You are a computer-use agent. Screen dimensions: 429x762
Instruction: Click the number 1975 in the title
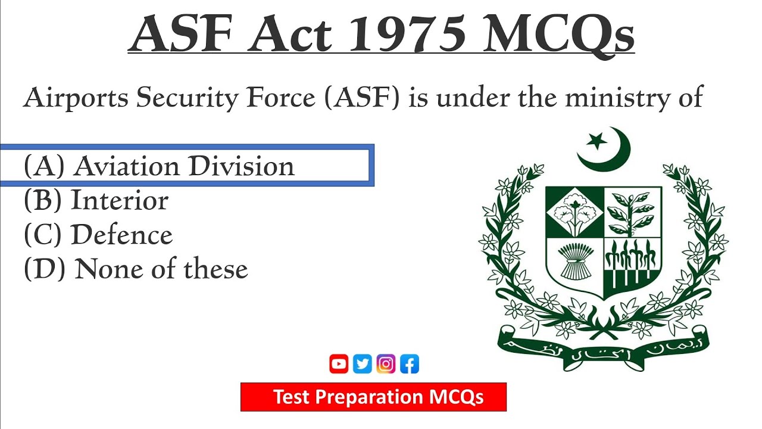pyautogui.click(x=407, y=34)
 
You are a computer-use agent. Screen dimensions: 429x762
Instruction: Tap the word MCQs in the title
pyautogui.click(x=559, y=34)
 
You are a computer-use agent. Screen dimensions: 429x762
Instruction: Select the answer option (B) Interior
pyautogui.click(x=96, y=201)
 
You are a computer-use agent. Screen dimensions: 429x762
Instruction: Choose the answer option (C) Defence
pyautogui.click(x=98, y=235)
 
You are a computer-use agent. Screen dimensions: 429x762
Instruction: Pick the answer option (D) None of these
pyautogui.click(x=136, y=269)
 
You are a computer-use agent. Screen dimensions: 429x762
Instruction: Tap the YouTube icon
pyautogui.click(x=339, y=364)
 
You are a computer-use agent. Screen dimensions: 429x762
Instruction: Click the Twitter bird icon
pyautogui.click(x=362, y=364)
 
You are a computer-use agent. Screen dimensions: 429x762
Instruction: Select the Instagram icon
pyautogui.click(x=386, y=364)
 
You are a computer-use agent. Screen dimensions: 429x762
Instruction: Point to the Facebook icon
pyautogui.click(x=410, y=364)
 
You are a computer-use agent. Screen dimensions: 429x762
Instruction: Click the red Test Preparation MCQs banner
pyautogui.click(x=373, y=397)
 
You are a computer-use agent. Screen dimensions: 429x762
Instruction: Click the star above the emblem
pyautogui.click(x=595, y=142)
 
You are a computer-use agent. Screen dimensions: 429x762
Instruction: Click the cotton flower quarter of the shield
pyautogui.click(x=574, y=212)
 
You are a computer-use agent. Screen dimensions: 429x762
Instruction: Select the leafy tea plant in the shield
pyautogui.click(x=632, y=212)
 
